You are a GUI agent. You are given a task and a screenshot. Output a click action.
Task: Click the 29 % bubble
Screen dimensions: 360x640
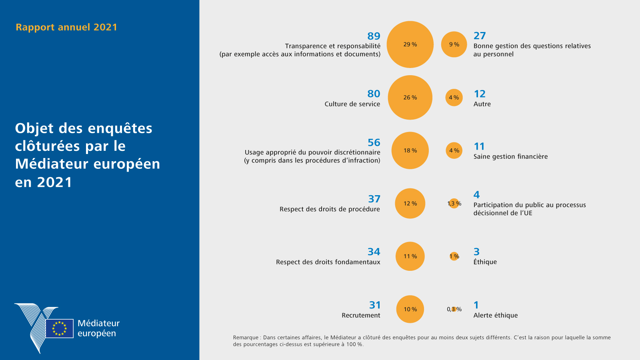pyautogui.click(x=410, y=44)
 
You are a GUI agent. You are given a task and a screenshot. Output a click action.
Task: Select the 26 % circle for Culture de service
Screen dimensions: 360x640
pyautogui.click(x=410, y=98)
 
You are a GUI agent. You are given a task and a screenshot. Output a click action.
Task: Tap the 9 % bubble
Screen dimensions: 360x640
pyautogui.click(x=454, y=44)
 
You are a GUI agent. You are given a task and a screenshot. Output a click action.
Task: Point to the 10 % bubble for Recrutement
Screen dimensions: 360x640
pyautogui.click(x=410, y=309)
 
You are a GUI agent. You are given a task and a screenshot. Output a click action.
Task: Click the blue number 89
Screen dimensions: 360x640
pyautogui.click(x=374, y=36)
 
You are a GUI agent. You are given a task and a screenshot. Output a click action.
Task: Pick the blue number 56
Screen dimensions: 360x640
pyautogui.click(x=374, y=142)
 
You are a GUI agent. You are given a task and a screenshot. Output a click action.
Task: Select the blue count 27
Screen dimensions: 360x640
pyautogui.click(x=480, y=36)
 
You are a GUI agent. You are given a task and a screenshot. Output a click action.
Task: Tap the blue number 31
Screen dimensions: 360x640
pyautogui.click(x=374, y=305)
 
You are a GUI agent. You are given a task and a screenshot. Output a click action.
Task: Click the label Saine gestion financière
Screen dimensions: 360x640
pyautogui.click(x=510, y=156)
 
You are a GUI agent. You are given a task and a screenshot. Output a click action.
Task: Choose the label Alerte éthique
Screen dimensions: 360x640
pyautogui.click(x=495, y=315)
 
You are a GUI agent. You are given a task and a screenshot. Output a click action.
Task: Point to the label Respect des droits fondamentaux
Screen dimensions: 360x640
pyautogui.click(x=328, y=262)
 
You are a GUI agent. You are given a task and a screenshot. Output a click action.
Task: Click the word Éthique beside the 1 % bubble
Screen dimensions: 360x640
pyautogui.click(x=485, y=262)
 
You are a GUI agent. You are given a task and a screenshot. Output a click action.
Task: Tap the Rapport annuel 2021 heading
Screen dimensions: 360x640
pyautogui.click(x=66, y=27)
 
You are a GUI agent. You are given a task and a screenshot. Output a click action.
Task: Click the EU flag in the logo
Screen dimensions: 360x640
pyautogui.click(x=59, y=328)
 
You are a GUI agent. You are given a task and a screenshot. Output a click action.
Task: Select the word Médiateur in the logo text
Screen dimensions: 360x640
pyautogui.click(x=98, y=323)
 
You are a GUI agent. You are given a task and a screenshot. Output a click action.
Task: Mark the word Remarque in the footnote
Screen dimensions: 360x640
pyautogui.click(x=246, y=338)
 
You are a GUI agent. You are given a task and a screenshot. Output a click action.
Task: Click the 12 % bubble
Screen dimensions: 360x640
pyautogui.click(x=410, y=204)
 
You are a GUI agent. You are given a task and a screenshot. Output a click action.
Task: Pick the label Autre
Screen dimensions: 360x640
pyautogui.click(x=482, y=104)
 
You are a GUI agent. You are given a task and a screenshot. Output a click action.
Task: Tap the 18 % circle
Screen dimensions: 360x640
pyautogui.click(x=410, y=150)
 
